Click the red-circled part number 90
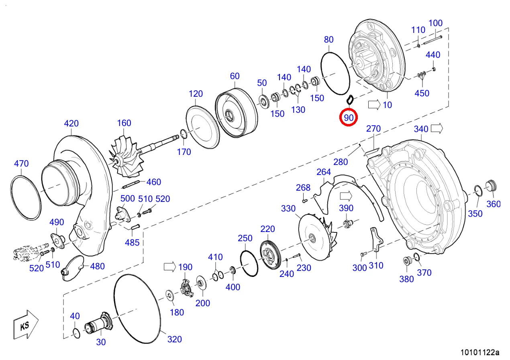coord(349,118)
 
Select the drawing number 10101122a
coord(480,352)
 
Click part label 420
coord(71,123)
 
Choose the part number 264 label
coord(324,172)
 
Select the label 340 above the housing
coord(421,129)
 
